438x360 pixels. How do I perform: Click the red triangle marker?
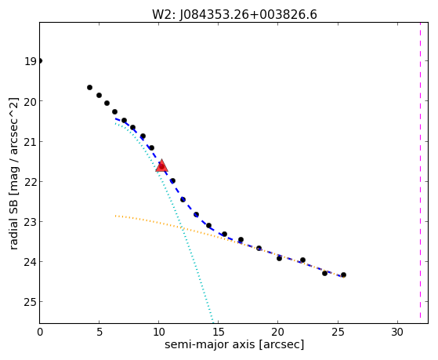pyautogui.click(x=161, y=165)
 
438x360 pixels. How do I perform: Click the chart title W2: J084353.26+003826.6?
pyautogui.click(x=234, y=15)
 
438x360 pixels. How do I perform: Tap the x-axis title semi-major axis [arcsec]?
pyautogui.click(x=234, y=344)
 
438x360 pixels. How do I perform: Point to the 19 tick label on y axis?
pyautogui.click(x=31, y=61)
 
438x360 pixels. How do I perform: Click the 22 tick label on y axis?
pyautogui.click(x=31, y=181)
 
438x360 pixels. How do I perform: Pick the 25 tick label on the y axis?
pyautogui.click(x=31, y=302)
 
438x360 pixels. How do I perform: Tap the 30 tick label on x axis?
pyautogui.click(x=397, y=333)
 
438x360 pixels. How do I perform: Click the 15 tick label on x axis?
pyautogui.click(x=218, y=333)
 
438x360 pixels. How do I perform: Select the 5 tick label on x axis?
pyautogui.click(x=100, y=333)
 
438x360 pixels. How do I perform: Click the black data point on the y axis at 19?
pyautogui.click(x=40, y=60)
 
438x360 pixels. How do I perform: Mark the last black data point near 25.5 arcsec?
pyautogui.click(x=343, y=275)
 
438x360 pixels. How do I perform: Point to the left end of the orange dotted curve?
pyautogui.click(x=115, y=216)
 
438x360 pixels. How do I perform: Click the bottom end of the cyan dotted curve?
pyautogui.click(x=213, y=322)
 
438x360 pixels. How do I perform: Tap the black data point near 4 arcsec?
pyautogui.click(x=89, y=88)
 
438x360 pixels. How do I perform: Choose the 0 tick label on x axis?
pyautogui.click(x=40, y=333)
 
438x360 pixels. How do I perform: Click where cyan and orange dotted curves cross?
pyautogui.click(x=183, y=227)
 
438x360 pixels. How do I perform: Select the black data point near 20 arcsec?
pyautogui.click(x=279, y=259)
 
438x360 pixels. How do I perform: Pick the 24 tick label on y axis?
pyautogui.click(x=31, y=262)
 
